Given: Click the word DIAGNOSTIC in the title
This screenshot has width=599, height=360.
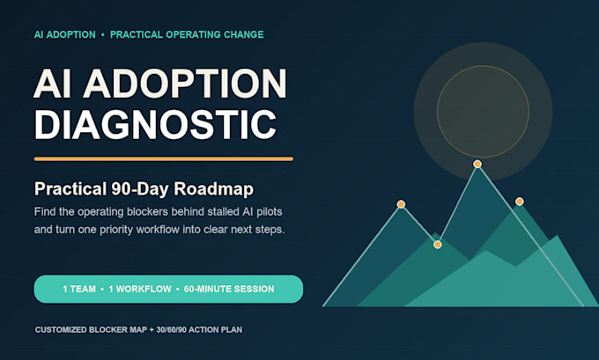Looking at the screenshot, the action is click(155, 124).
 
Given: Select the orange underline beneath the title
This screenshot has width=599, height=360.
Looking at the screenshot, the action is click(164, 158).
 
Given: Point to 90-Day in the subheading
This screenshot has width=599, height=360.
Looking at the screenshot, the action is click(140, 189).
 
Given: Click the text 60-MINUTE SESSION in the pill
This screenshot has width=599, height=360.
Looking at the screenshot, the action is click(229, 289).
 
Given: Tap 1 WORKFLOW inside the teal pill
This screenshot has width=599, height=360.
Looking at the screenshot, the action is click(140, 289).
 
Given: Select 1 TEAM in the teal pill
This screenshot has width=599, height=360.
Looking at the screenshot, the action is click(79, 289).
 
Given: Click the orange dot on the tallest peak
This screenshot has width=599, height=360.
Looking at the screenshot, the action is click(477, 165).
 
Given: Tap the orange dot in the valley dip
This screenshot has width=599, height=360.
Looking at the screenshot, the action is click(438, 245).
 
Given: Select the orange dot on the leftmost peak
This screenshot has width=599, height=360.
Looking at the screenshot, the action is click(401, 204).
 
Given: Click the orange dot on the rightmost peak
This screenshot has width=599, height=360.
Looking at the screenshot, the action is click(520, 202).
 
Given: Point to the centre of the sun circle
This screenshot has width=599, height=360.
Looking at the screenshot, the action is click(483, 112).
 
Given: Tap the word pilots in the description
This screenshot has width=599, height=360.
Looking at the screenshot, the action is click(269, 212).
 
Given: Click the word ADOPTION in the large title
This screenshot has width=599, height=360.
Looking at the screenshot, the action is click(185, 84).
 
